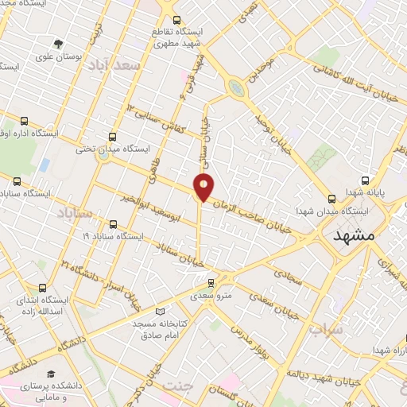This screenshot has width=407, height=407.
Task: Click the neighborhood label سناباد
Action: (75, 213)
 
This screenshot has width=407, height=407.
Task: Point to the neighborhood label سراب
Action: (327, 328)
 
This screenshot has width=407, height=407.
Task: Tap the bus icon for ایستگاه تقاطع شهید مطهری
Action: (176, 19)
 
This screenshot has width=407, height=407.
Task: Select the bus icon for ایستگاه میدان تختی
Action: (112, 136)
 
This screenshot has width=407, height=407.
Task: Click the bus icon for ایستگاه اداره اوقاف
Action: (24, 122)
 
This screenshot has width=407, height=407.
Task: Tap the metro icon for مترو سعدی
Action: (211, 283)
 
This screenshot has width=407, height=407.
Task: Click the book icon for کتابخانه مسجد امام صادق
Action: (161, 312)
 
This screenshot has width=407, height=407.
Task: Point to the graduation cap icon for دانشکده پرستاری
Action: (51, 374)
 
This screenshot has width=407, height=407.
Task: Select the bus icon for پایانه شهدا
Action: (365, 180)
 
